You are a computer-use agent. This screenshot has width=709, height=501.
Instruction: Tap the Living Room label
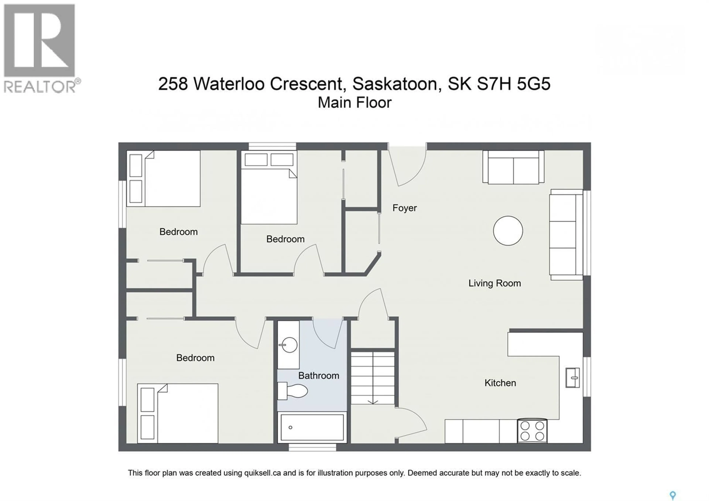point(494,283)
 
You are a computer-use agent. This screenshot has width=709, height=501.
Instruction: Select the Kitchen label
point(500,383)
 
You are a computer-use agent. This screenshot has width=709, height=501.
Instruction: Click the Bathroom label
point(318,376)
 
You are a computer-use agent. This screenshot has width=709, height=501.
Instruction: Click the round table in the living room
point(508,231)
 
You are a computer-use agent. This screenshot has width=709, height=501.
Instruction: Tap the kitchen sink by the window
point(572,377)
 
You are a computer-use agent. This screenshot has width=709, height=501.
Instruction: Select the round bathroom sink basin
point(289,345)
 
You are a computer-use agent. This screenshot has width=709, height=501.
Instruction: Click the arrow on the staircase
point(373,402)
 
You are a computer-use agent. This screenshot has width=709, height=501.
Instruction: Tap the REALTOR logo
point(40,48)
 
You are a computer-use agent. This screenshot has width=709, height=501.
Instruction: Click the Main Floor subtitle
point(354,103)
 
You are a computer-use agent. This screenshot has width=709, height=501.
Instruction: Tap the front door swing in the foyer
point(408,167)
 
